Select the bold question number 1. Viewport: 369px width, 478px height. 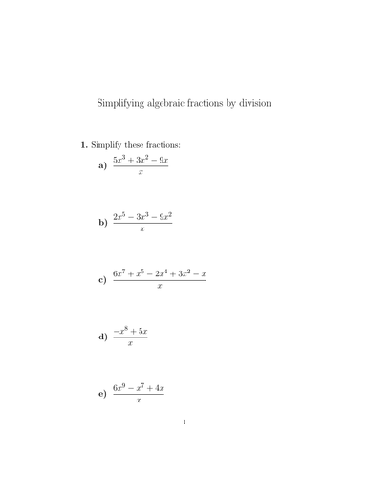pos(84,144)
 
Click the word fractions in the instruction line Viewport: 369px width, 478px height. pos(162,144)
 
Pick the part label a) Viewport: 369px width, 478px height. pos(103,165)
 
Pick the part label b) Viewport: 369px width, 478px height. pos(103,223)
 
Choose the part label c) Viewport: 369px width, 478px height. pos(103,280)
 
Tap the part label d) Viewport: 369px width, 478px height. pos(103,337)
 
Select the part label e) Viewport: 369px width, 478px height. pos(103,395)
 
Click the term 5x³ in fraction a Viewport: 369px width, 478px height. pos(120,159)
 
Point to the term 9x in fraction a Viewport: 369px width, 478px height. pos(162,159)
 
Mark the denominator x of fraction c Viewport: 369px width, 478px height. pos(159,287)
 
